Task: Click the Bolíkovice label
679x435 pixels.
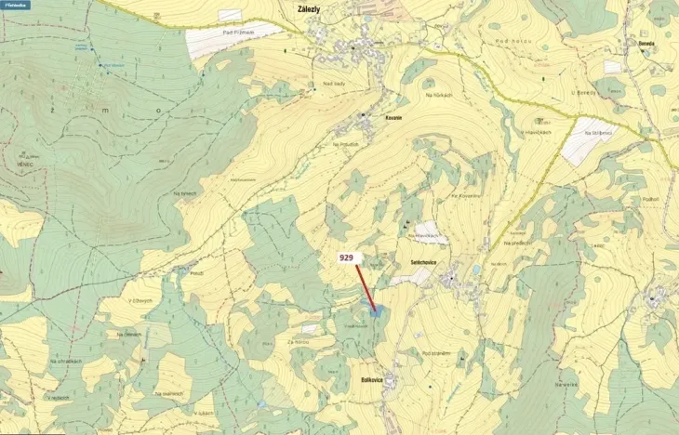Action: pyautogui.click(x=372, y=380)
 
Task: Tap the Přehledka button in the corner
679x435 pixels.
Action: pyautogui.click(x=16, y=5)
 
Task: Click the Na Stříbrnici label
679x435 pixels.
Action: pyautogui.click(x=599, y=133)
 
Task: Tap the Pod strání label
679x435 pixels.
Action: pyautogui.click(x=436, y=353)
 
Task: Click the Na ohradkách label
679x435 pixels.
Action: pyautogui.click(x=67, y=361)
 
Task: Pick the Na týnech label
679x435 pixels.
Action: pyautogui.click(x=185, y=193)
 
